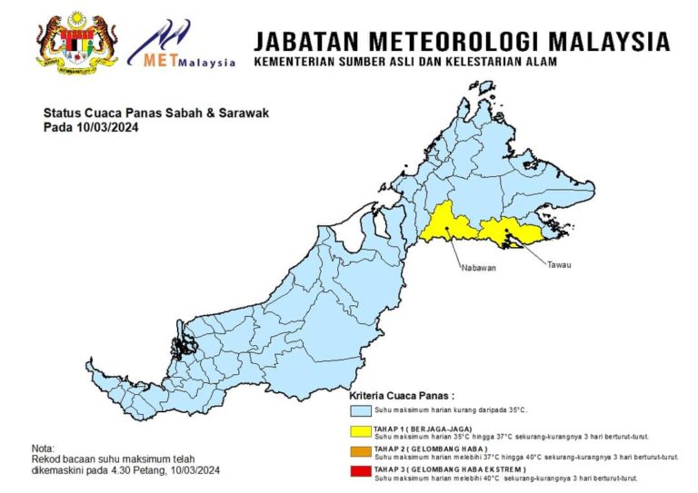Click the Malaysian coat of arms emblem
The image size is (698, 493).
tap(76, 42)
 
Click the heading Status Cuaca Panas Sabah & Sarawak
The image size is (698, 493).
tap(156, 113)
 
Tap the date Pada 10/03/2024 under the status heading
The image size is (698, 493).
tap(91, 127)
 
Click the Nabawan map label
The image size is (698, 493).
tap(477, 268)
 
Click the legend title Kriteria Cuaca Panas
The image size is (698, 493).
tap(403, 397)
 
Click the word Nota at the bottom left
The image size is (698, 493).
tap(43, 449)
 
